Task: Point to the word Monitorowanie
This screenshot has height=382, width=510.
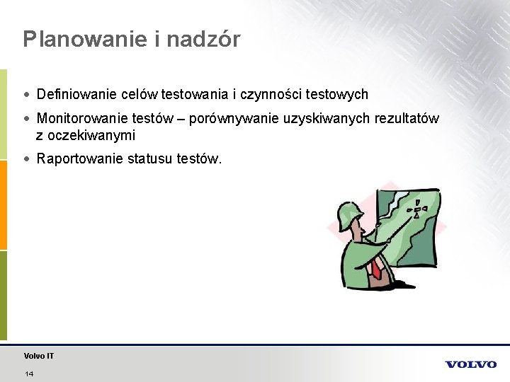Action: click(81, 119)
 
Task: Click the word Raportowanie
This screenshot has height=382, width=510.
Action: click(79, 159)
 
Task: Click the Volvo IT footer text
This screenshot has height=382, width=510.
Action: click(39, 356)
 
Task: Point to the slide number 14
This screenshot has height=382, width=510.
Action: click(29, 374)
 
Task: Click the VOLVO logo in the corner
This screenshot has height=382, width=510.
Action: click(470, 364)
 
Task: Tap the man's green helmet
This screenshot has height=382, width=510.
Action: click(351, 212)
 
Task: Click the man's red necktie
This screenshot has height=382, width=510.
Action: click(377, 268)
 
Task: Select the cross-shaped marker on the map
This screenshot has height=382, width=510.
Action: click(418, 210)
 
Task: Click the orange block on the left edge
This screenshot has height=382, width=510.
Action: click(4, 205)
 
